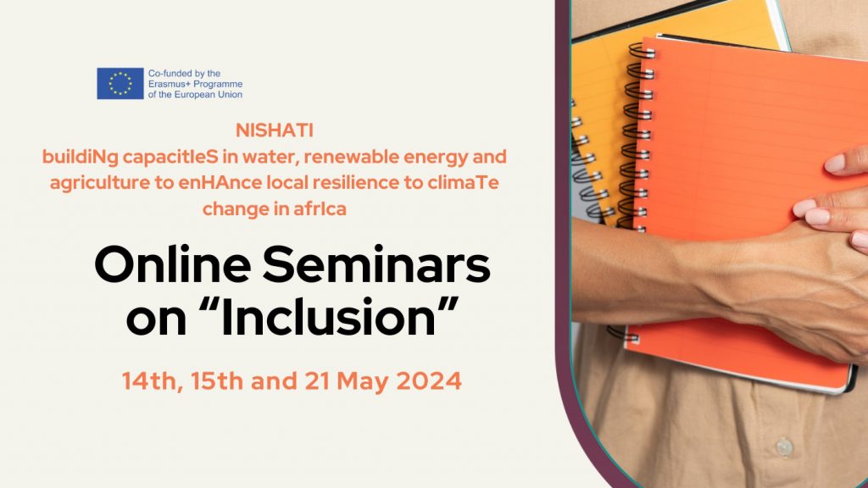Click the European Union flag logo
click(x=120, y=84)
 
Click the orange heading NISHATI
click(x=275, y=130)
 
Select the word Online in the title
click(x=173, y=264)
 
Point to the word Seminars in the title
click(x=376, y=264)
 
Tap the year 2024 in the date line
click(x=429, y=381)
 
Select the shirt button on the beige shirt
click(x=784, y=446)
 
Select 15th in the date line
click(x=217, y=381)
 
